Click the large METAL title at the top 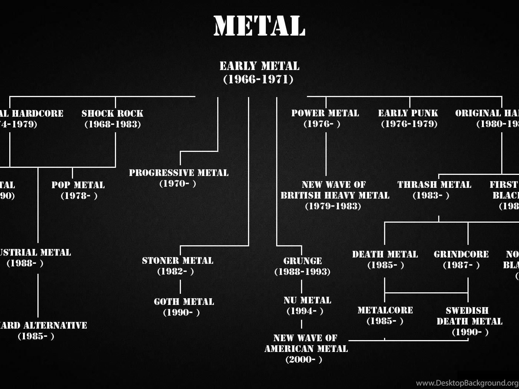(x=259, y=26)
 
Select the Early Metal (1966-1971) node (x=259, y=73)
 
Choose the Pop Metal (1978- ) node (x=78, y=190)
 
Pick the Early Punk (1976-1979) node (x=408, y=119)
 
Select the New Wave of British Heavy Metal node (x=334, y=195)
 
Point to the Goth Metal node (x=184, y=307)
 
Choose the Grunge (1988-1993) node (x=302, y=266)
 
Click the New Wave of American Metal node (x=306, y=349)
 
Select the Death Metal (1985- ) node (x=385, y=259)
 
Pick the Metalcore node (x=385, y=315)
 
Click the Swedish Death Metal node (x=469, y=321)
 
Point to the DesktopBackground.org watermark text (x=467, y=383)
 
